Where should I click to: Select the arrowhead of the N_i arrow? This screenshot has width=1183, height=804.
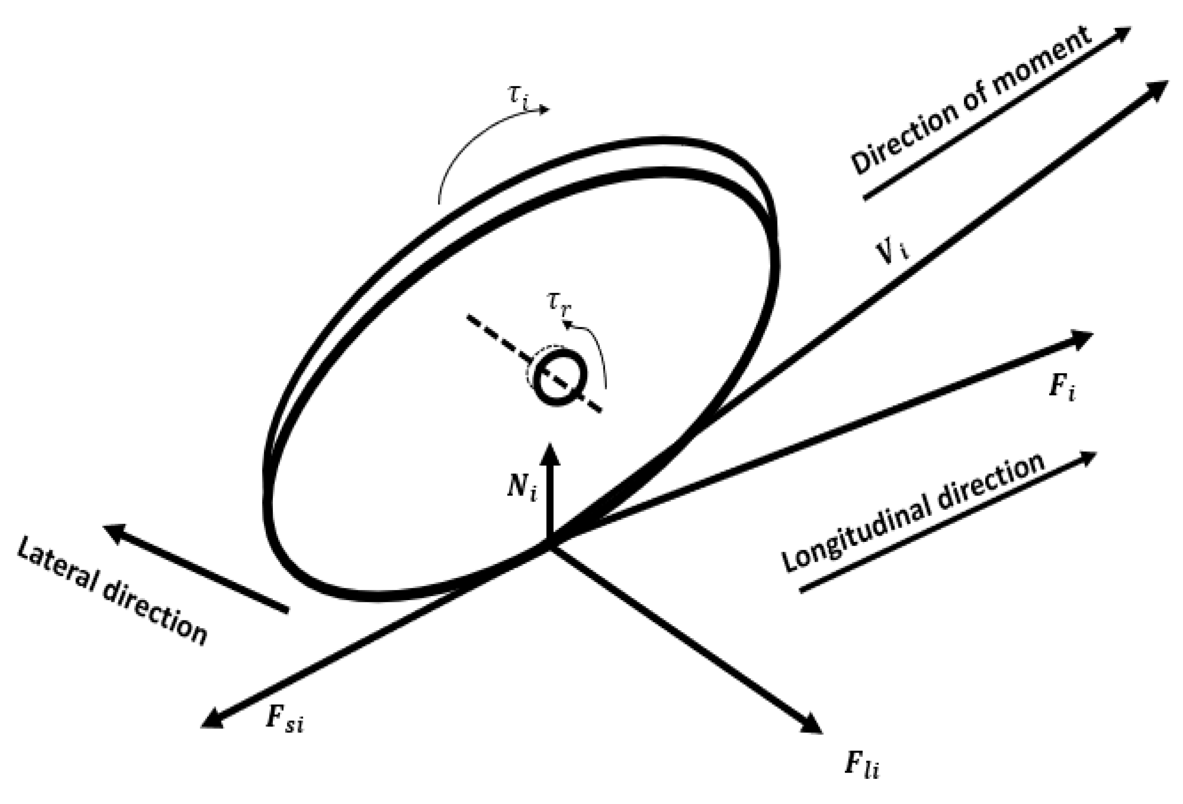pos(550,454)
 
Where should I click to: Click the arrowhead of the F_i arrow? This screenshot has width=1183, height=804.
pos(1083,339)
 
